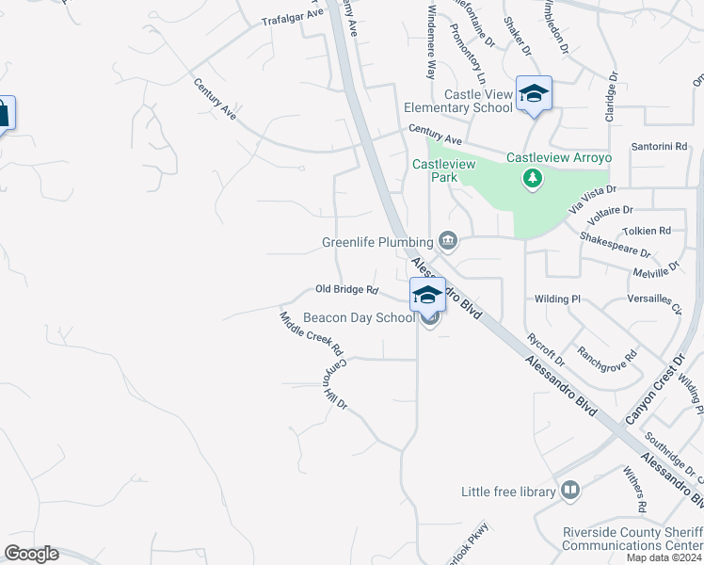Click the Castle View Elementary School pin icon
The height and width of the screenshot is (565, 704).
coord(534,93)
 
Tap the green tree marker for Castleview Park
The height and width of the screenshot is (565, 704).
coord(533,178)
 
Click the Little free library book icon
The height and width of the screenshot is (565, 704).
coord(569,491)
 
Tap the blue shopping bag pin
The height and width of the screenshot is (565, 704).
coord(3,114)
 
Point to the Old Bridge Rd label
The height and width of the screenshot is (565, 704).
coord(346,290)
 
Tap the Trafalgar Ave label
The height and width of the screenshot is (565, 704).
coord(292,19)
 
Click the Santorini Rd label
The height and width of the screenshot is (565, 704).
coord(659,147)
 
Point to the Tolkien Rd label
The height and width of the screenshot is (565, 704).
coord(646,231)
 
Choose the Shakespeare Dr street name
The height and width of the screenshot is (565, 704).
coord(615,246)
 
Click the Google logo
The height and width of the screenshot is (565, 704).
coord(31,554)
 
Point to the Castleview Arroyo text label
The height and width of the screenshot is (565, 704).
coord(558,157)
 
